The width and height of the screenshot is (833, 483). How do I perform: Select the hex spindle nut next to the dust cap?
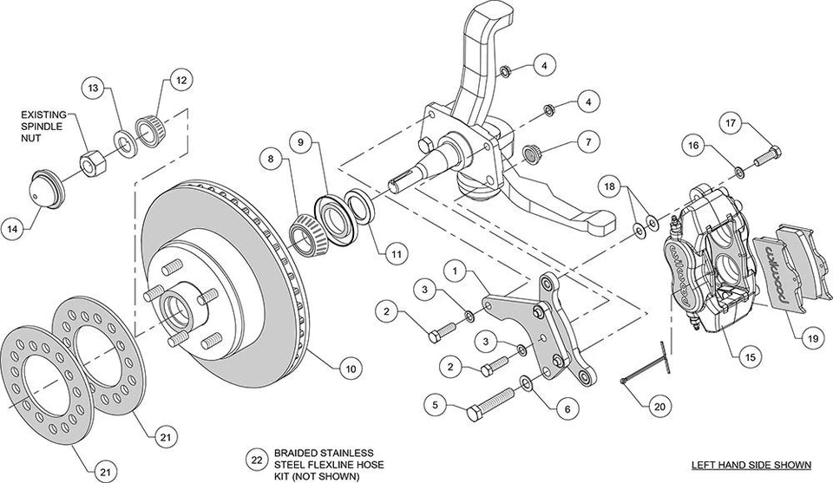[91, 160]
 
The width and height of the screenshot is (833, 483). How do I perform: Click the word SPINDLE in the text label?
[41, 127]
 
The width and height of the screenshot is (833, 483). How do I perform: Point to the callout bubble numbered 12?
[180, 81]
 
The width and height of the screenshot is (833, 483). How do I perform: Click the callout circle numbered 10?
[349, 369]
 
